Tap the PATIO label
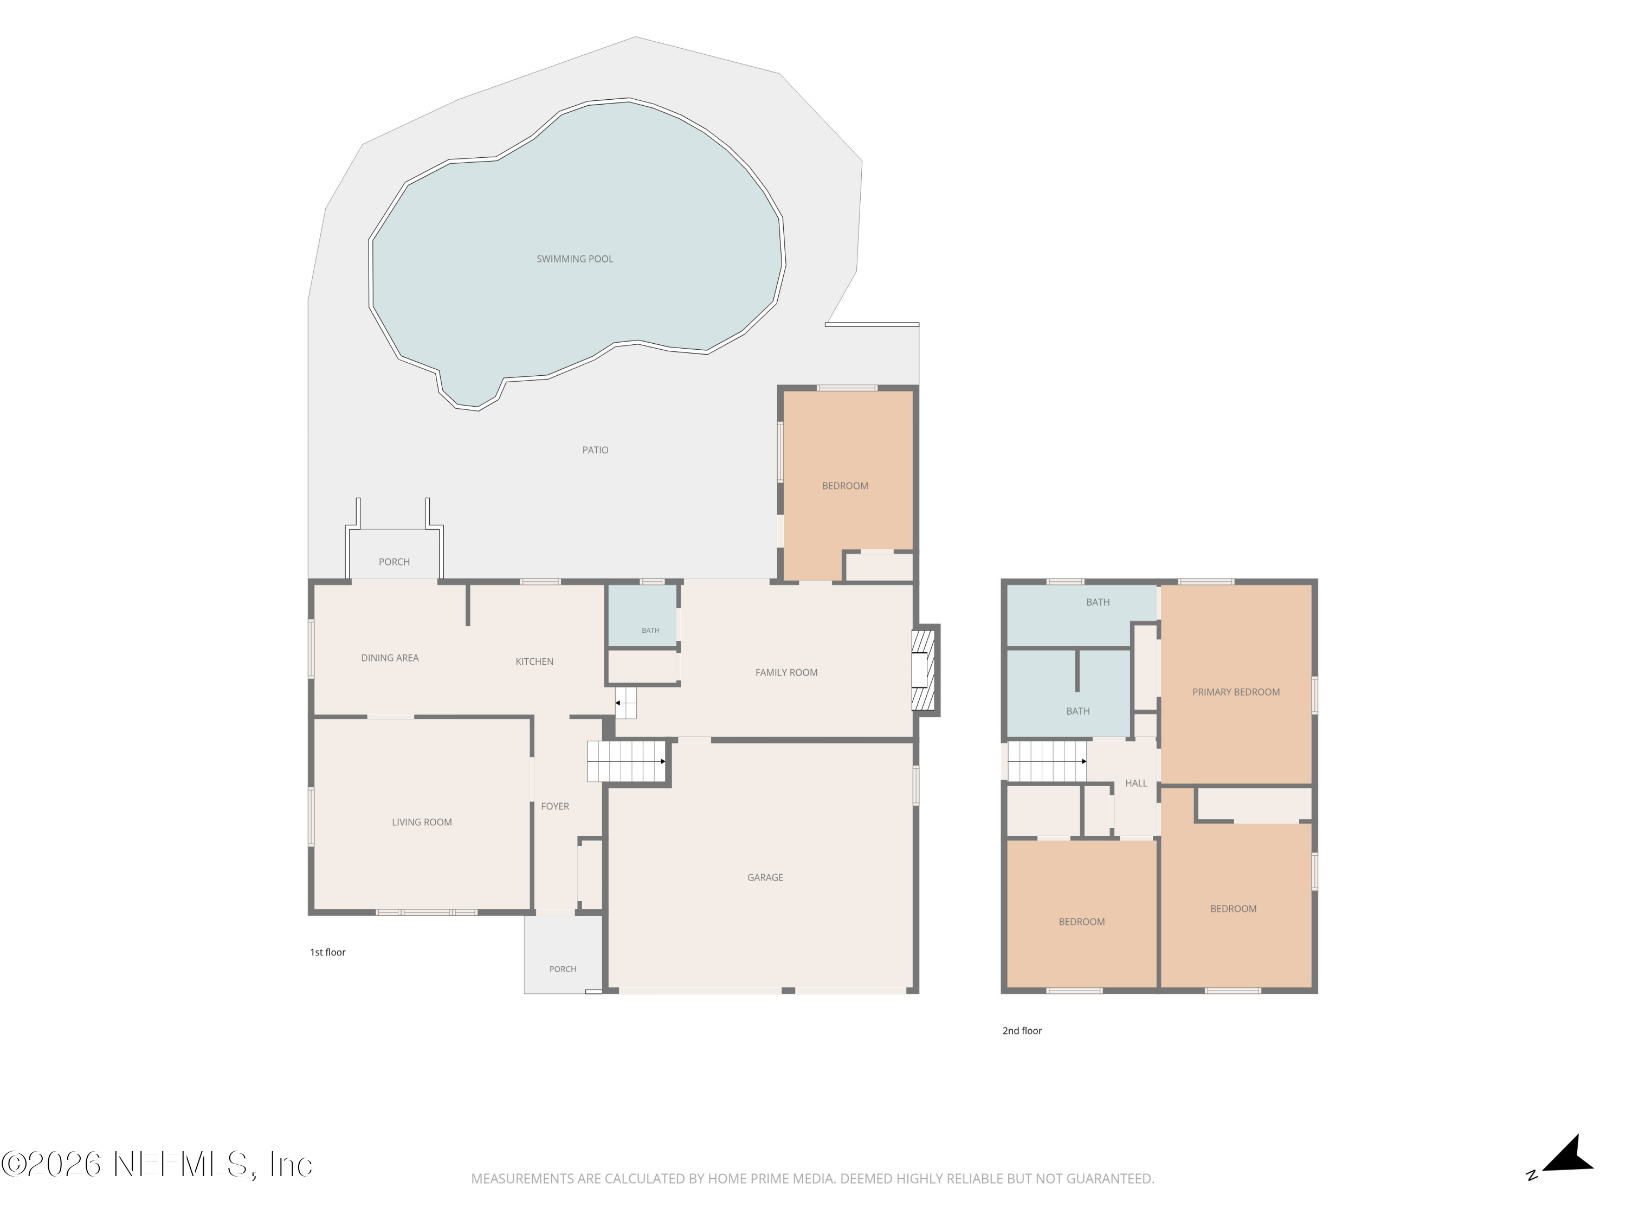point(596,450)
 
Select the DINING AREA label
point(390,658)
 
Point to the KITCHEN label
point(534,662)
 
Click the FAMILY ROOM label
point(786,672)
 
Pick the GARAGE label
point(765,877)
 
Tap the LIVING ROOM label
point(422,822)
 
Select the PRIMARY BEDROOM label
point(1236,692)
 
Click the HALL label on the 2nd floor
point(1135,783)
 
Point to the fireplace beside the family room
point(925,670)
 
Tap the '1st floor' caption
point(328,952)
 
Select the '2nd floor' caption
point(1022,1031)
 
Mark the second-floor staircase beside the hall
point(1047,761)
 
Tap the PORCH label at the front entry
point(563,969)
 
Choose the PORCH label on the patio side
point(394,562)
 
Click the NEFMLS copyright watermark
point(157,1164)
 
